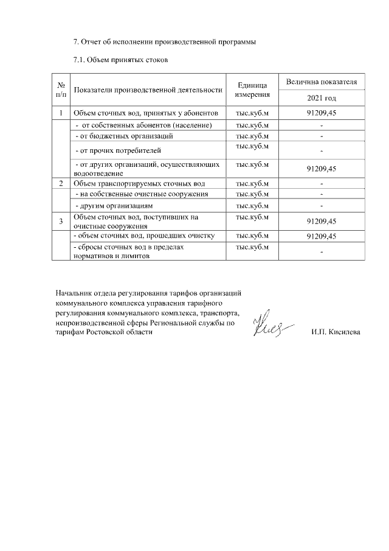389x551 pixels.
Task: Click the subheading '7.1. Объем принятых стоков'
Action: (x=120, y=60)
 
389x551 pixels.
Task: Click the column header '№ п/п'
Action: (x=61, y=90)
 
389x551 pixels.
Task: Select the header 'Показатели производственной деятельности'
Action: (x=147, y=91)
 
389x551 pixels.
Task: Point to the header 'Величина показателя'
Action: (x=321, y=82)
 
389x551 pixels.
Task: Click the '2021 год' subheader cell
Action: (x=321, y=98)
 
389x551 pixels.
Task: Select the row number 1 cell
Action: (x=61, y=113)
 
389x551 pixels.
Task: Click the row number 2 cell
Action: (x=61, y=183)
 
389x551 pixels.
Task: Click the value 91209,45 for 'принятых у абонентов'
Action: (x=321, y=113)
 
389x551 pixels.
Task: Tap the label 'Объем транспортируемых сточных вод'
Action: (x=139, y=183)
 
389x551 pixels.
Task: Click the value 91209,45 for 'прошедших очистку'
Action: (x=321, y=236)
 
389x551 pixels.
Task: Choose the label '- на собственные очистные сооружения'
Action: (x=141, y=194)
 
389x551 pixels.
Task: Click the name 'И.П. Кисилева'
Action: (x=335, y=333)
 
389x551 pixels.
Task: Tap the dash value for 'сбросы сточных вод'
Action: (x=321, y=251)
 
